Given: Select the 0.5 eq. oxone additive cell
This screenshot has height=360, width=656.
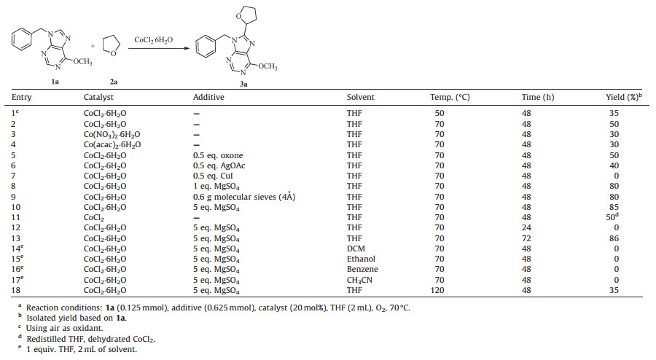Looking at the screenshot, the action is [x=218, y=154].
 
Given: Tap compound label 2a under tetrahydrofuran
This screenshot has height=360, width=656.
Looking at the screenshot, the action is [x=112, y=82].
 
